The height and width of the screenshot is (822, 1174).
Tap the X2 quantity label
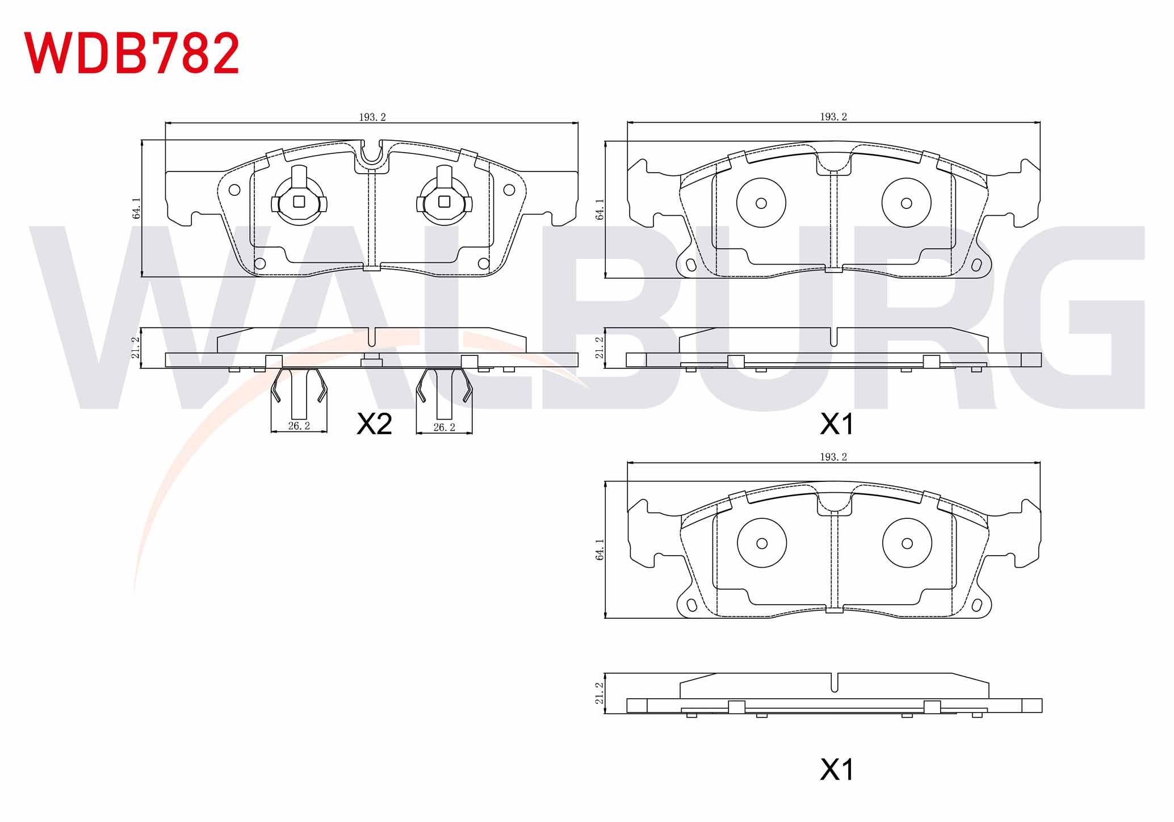374,424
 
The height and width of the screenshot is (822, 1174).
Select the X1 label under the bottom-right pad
837,770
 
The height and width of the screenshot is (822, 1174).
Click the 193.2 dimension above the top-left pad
372,117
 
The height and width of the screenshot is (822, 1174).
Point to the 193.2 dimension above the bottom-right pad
833,457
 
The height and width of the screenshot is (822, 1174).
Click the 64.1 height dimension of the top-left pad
136,208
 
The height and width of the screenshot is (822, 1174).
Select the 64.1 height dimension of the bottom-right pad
600,550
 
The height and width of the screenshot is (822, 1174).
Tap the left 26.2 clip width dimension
299,426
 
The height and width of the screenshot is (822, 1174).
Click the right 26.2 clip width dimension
445,427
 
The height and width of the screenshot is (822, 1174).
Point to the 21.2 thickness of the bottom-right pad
599,694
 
